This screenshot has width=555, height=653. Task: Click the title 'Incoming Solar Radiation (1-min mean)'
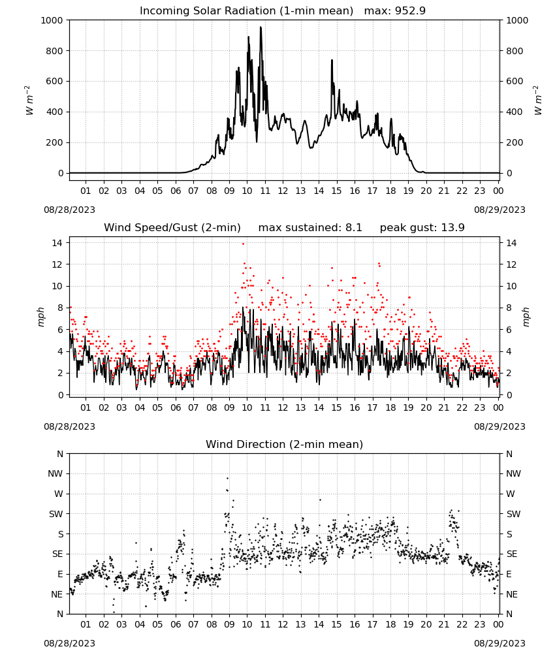(x=246, y=11)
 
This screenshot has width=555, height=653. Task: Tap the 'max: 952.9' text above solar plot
(x=395, y=11)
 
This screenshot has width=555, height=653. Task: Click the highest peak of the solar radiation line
(x=261, y=27)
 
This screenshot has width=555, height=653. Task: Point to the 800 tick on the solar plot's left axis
(x=52, y=51)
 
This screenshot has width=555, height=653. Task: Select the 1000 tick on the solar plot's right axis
(x=517, y=20)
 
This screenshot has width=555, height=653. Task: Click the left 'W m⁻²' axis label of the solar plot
(x=29, y=101)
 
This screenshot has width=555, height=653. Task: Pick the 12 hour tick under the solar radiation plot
(x=283, y=191)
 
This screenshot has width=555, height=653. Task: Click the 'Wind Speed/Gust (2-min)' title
(x=172, y=228)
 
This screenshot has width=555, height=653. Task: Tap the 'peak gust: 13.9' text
(x=422, y=228)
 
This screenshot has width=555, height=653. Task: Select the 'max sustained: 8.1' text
(x=310, y=228)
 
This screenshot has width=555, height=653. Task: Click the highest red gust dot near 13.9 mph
(x=243, y=244)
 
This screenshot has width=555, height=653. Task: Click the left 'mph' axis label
(x=40, y=317)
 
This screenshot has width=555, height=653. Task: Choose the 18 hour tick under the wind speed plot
(x=390, y=407)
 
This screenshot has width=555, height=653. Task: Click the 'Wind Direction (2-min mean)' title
(x=285, y=444)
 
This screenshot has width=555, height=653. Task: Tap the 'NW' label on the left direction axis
(x=55, y=473)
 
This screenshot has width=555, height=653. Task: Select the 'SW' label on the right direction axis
(x=514, y=514)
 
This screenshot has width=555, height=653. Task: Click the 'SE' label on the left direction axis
(x=57, y=554)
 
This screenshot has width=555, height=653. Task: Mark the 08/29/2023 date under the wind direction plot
(x=499, y=643)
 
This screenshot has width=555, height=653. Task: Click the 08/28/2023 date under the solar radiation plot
(x=69, y=210)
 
